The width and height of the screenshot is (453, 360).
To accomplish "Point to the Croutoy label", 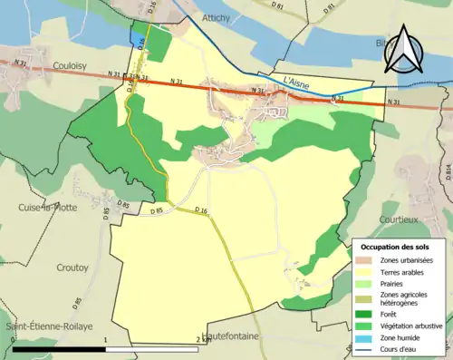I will click(x=47, y=268).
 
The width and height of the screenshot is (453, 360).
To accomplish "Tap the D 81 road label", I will click(x=279, y=7).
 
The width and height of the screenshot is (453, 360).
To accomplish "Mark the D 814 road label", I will click(x=447, y=169).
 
